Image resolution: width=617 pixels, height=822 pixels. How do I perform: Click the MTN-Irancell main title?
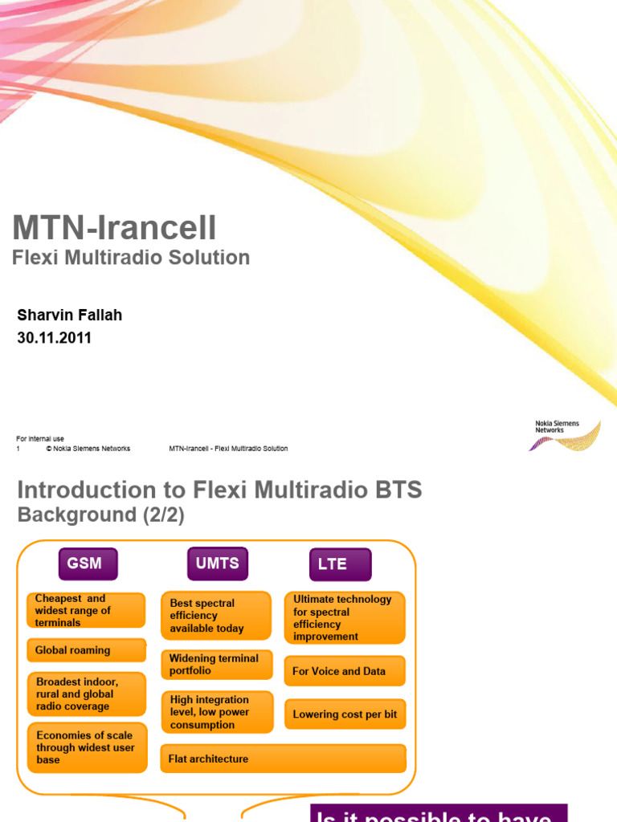[114, 228]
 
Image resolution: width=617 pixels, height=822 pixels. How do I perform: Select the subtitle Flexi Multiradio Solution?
[131, 258]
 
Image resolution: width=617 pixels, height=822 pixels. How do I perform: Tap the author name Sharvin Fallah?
[70, 315]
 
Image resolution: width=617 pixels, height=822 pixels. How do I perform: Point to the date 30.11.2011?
[55, 338]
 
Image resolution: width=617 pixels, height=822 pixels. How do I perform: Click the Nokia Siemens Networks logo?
[567, 434]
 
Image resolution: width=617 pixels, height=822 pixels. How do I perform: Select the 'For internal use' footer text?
[40, 439]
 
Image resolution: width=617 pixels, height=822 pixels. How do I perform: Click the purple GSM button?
[87, 564]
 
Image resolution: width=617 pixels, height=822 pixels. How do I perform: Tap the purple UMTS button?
[218, 564]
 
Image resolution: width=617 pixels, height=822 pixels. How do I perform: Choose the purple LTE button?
[341, 564]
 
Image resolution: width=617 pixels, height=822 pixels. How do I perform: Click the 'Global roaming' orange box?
[87, 650]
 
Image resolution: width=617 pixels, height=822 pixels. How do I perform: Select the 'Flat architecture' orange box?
[284, 759]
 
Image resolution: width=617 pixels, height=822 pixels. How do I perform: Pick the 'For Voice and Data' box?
[345, 671]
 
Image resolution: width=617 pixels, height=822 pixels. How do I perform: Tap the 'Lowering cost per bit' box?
[345, 714]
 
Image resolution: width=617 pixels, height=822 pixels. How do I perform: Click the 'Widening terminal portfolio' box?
[217, 665]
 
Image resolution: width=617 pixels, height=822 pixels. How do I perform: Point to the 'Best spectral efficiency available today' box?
[216, 616]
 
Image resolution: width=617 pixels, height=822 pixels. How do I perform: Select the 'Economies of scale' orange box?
[87, 747]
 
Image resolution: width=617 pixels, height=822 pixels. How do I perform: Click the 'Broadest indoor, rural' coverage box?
[87, 694]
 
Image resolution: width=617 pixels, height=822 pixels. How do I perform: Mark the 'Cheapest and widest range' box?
[87, 610]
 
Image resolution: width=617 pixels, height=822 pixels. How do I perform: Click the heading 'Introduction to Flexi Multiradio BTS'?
[219, 490]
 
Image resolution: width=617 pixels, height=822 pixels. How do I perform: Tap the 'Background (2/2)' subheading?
[101, 515]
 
